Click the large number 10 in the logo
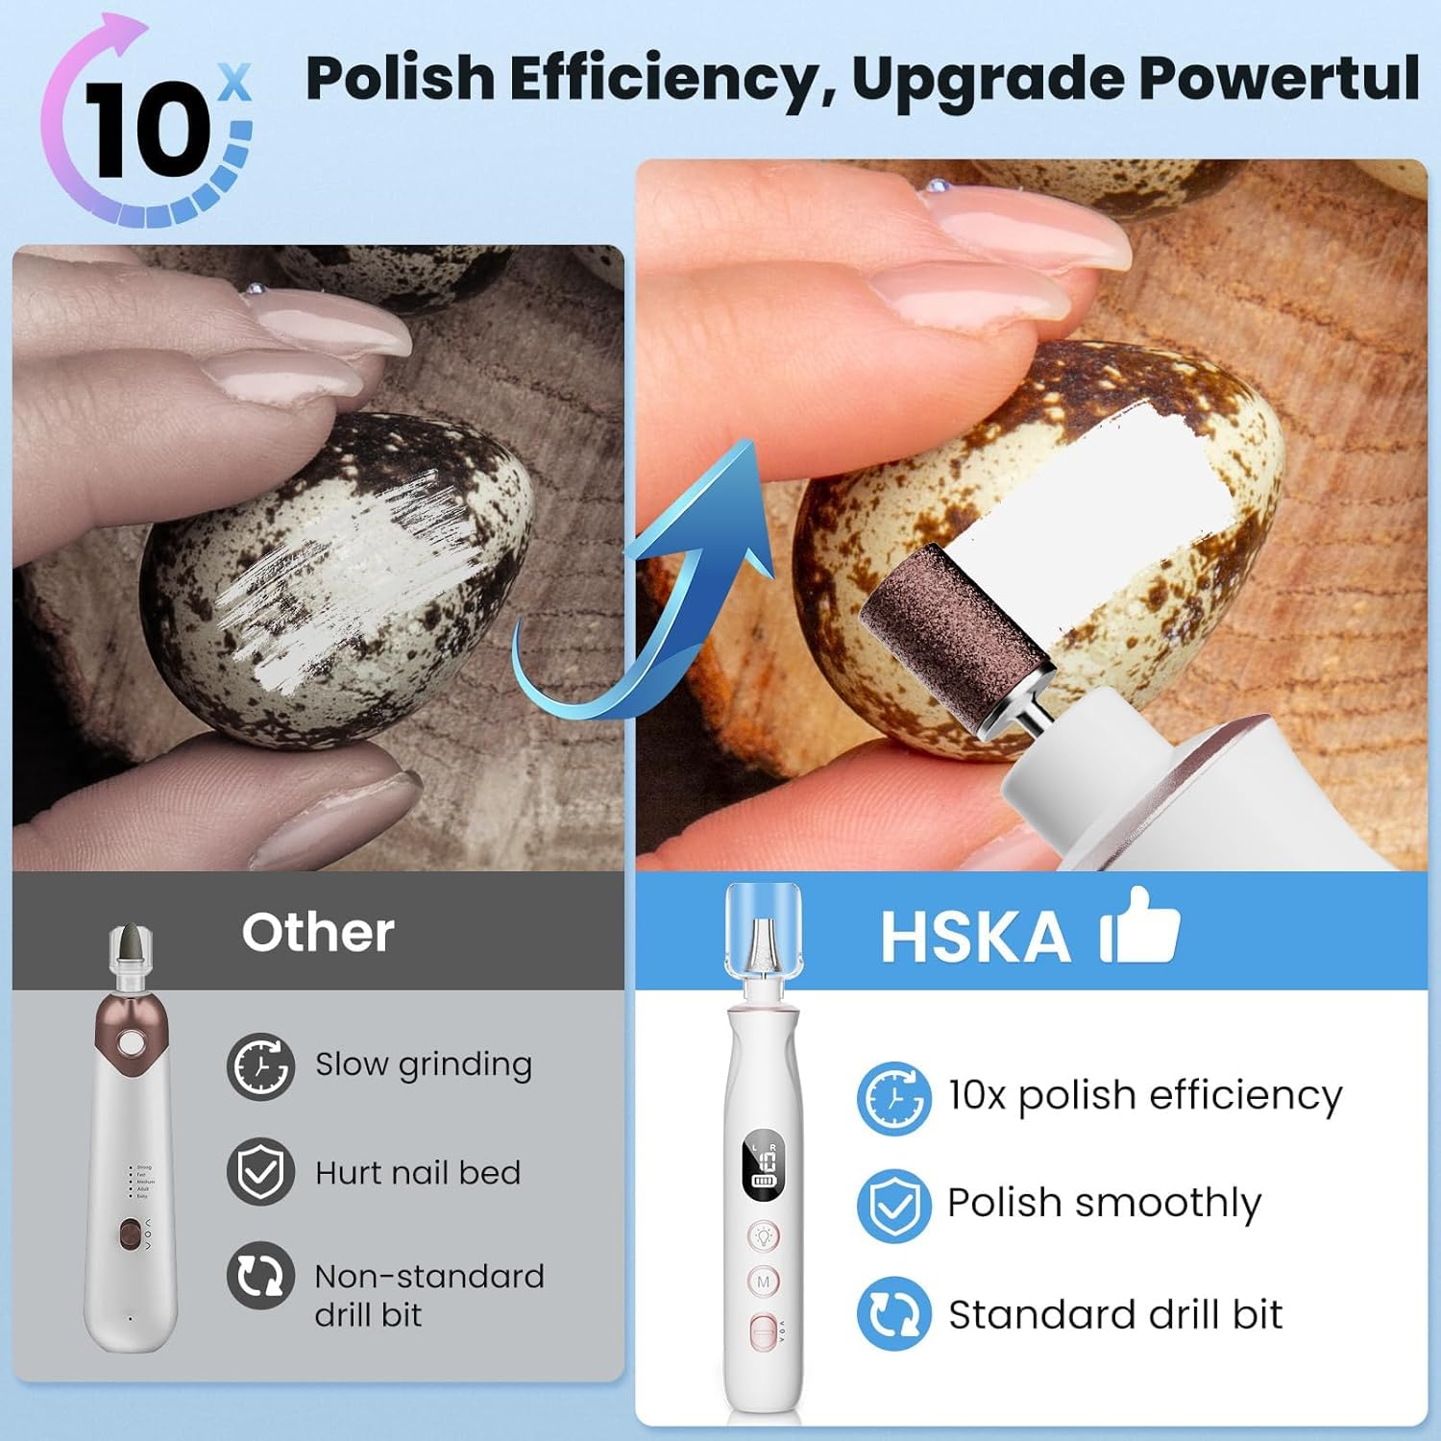(x=144, y=130)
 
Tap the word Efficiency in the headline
(x=663, y=79)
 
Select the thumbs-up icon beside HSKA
(x=1141, y=926)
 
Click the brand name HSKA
(x=975, y=936)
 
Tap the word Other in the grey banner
(x=318, y=932)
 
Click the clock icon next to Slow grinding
(x=260, y=1065)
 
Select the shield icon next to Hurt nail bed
(x=260, y=1171)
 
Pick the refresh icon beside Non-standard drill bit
(x=260, y=1276)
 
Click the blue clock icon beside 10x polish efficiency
(x=893, y=1097)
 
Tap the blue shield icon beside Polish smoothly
(x=893, y=1205)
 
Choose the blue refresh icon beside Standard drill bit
(x=893, y=1313)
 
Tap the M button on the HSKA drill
(x=764, y=1282)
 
